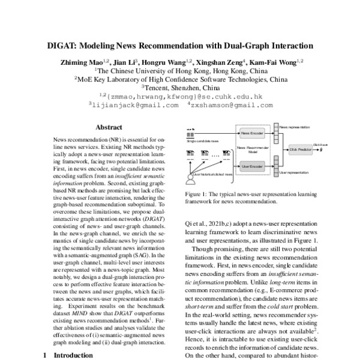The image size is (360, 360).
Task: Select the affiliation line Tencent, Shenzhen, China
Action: point(179,86)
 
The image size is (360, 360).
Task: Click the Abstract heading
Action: point(109,127)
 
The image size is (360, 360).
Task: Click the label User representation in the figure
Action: point(295,172)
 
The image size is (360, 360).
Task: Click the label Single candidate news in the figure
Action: point(203,142)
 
